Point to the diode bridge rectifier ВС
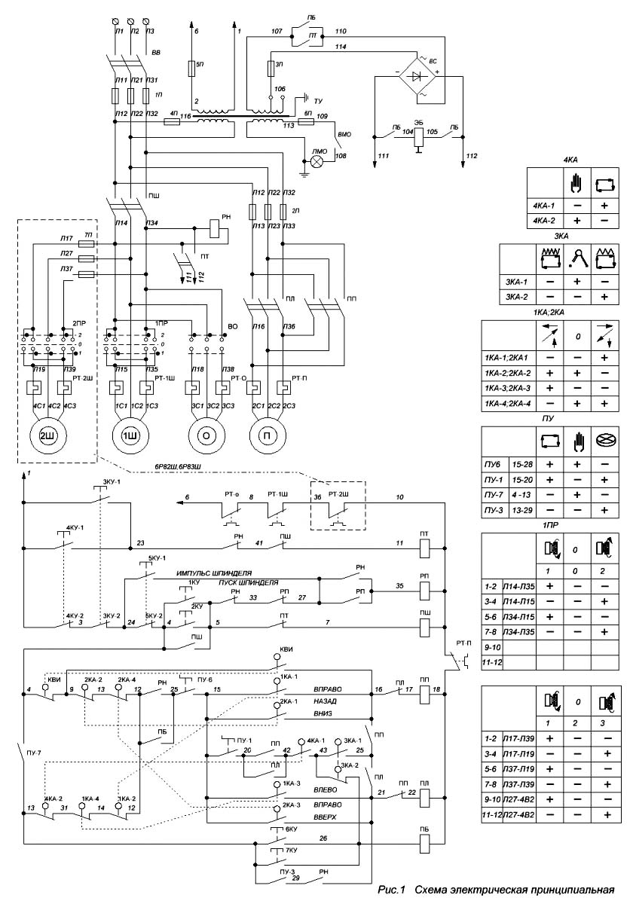[x=416, y=75]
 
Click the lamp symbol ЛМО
[x=317, y=160]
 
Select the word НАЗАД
[x=326, y=701]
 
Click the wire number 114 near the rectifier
[x=341, y=47]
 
